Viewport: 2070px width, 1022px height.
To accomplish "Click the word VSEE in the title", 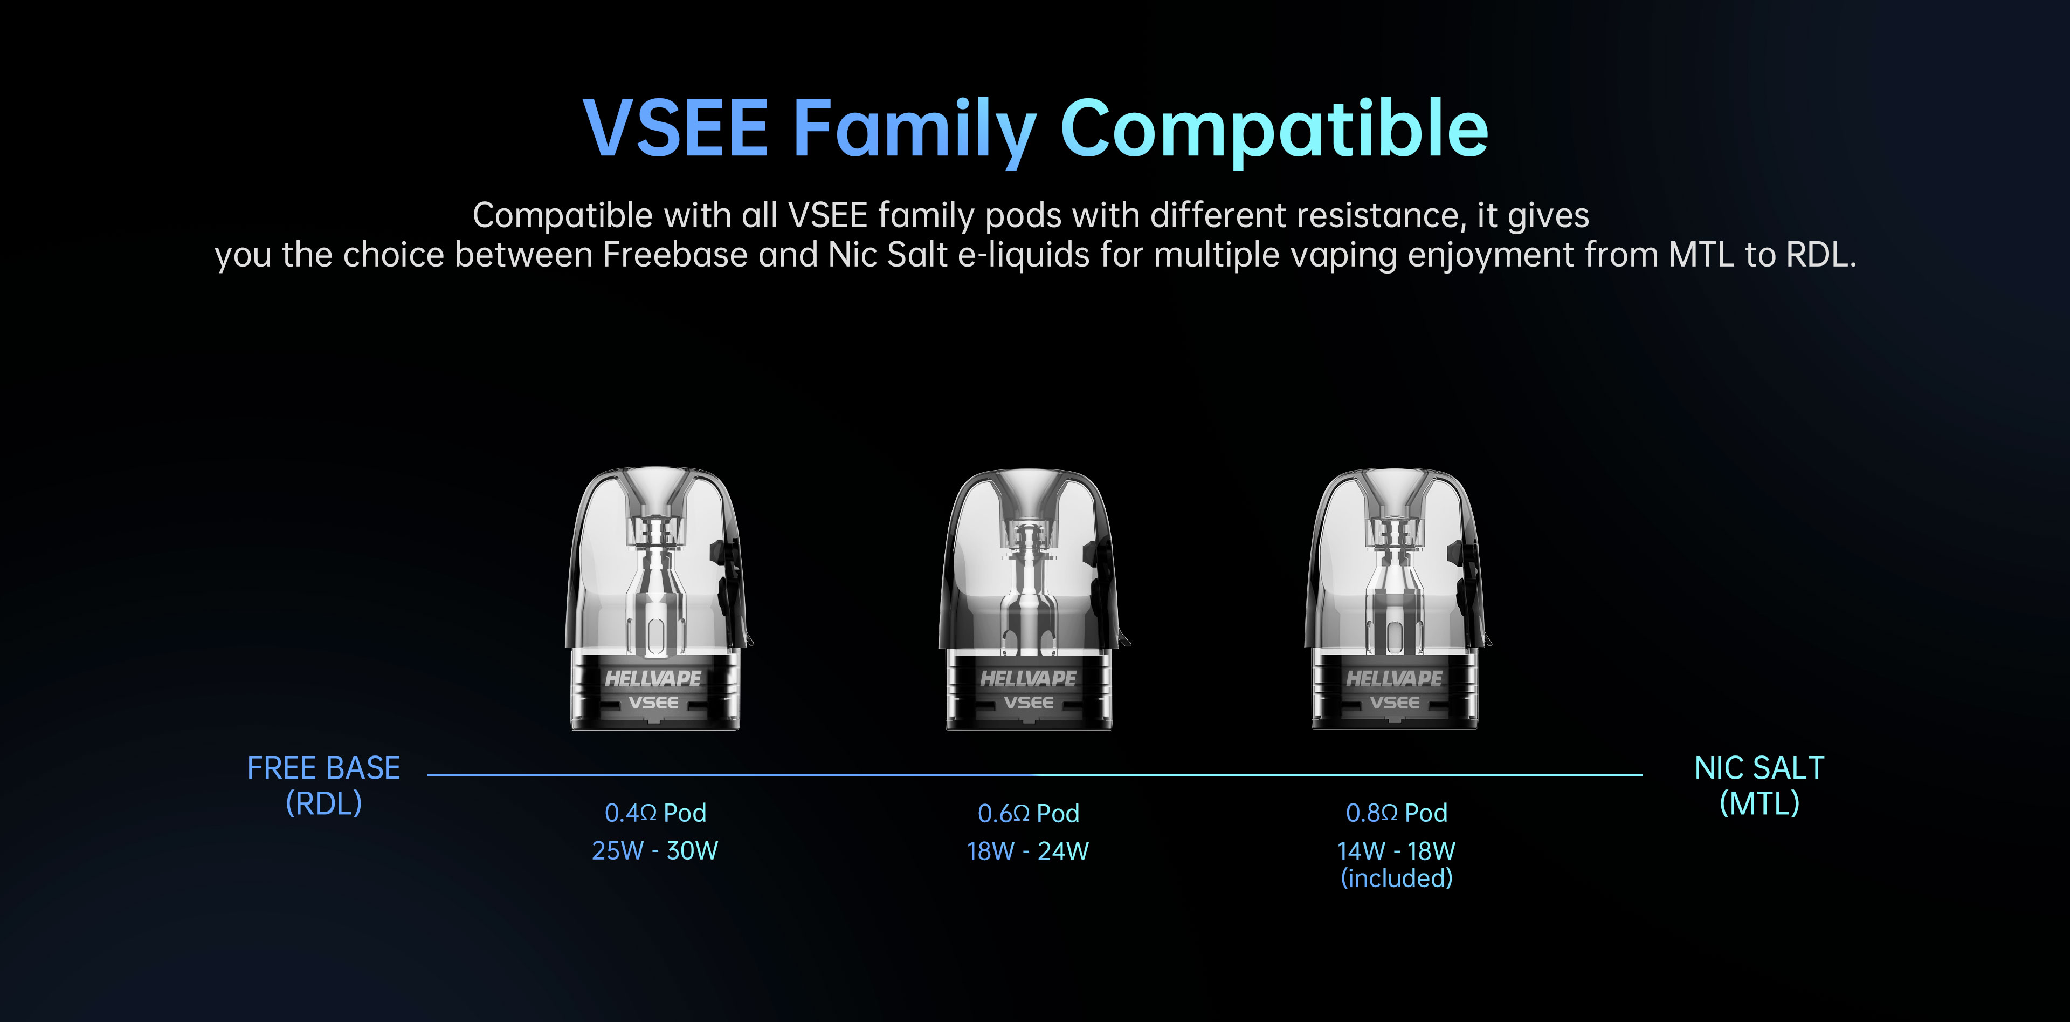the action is [x=676, y=128].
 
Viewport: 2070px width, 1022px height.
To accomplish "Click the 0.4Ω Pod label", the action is [x=655, y=813].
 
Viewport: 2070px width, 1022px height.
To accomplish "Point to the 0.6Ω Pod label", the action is [x=1028, y=814].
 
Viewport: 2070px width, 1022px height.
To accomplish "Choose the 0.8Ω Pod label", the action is [x=1397, y=813].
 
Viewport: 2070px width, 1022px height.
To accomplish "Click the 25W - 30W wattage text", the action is [x=655, y=851].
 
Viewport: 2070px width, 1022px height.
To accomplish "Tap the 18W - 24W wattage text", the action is [x=1028, y=851].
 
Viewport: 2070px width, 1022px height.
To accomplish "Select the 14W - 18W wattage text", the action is [x=1397, y=851].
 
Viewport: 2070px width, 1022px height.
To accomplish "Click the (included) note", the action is [x=1397, y=878].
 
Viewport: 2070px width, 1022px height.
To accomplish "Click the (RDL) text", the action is [x=324, y=803].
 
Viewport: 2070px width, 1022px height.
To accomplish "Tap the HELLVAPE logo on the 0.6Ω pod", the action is [x=1028, y=679].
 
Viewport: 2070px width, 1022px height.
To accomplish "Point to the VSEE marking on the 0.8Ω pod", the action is [x=1394, y=703].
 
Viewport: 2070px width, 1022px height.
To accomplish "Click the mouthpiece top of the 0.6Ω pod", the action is [x=1028, y=474].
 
